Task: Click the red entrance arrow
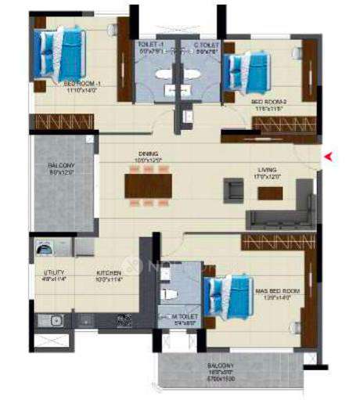coord(329,157)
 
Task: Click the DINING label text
coord(148,153)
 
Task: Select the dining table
coord(148,185)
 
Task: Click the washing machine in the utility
coord(45,248)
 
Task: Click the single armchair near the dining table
coord(232,189)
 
